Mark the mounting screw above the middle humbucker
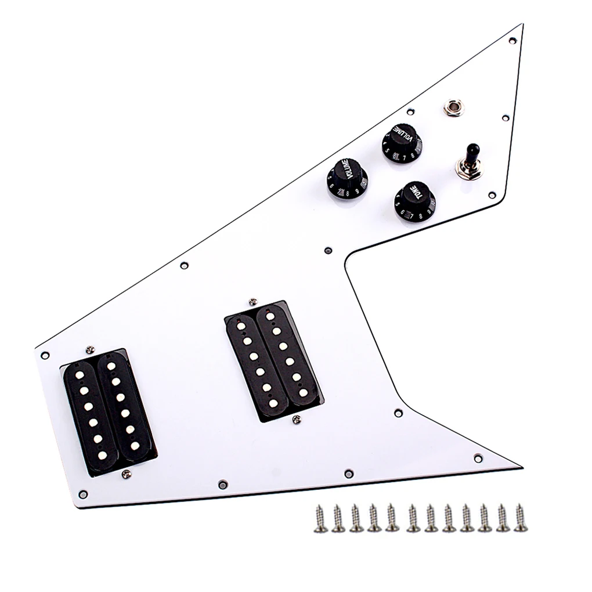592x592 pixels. pyautogui.click(x=252, y=301)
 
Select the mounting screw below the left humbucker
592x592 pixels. pyautogui.click(x=124, y=475)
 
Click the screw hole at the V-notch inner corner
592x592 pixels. pyautogui.click(x=329, y=250)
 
